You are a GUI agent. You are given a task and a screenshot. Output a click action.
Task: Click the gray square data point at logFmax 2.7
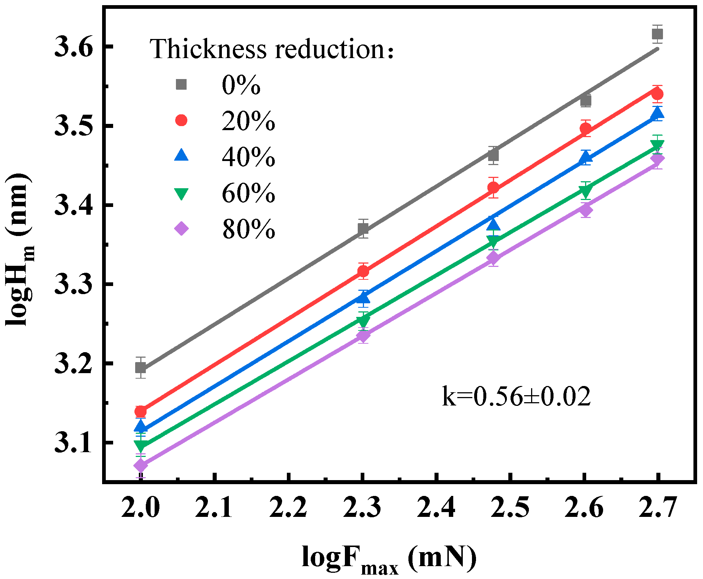click(657, 34)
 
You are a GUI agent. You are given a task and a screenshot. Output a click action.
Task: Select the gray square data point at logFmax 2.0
click(141, 368)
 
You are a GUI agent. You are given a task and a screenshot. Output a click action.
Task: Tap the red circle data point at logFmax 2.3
click(363, 271)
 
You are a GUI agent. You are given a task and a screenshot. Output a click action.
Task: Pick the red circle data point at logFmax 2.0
click(141, 411)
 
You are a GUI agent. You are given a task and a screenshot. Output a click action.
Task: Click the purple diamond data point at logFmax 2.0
click(141, 466)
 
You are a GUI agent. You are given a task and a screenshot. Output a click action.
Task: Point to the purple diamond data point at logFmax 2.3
click(363, 336)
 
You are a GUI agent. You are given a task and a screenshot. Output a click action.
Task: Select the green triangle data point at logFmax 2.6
click(586, 191)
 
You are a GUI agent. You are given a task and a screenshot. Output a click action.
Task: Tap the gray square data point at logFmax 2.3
click(363, 229)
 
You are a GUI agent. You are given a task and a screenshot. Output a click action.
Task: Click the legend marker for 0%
click(181, 85)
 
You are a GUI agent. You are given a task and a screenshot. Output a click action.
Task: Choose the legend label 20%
click(248, 121)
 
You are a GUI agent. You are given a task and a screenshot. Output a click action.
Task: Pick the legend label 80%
click(248, 229)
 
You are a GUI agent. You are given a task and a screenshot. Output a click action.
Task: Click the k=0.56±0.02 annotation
click(516, 397)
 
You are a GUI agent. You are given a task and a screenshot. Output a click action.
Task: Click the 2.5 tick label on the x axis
click(510, 507)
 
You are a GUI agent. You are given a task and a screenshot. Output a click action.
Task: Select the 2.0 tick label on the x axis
click(141, 507)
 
